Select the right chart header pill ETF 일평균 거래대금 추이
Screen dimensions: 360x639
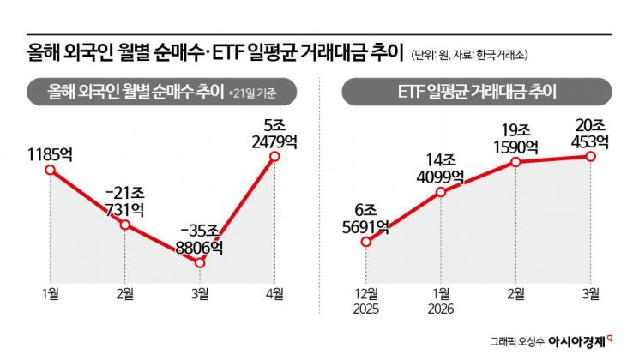[478, 91]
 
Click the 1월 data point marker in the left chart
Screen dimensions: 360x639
[50, 170]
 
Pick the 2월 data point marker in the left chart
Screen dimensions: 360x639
[125, 225]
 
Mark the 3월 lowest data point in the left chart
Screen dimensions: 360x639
[201, 262]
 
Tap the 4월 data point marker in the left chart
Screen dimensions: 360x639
[275, 157]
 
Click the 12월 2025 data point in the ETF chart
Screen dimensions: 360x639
[366, 242]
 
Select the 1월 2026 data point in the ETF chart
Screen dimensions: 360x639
[441, 192]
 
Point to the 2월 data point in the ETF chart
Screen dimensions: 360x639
[515, 162]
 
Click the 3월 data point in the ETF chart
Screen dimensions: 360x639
[591, 156]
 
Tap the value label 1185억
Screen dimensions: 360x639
[50, 155]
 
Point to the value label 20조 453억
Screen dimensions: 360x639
[590, 133]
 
